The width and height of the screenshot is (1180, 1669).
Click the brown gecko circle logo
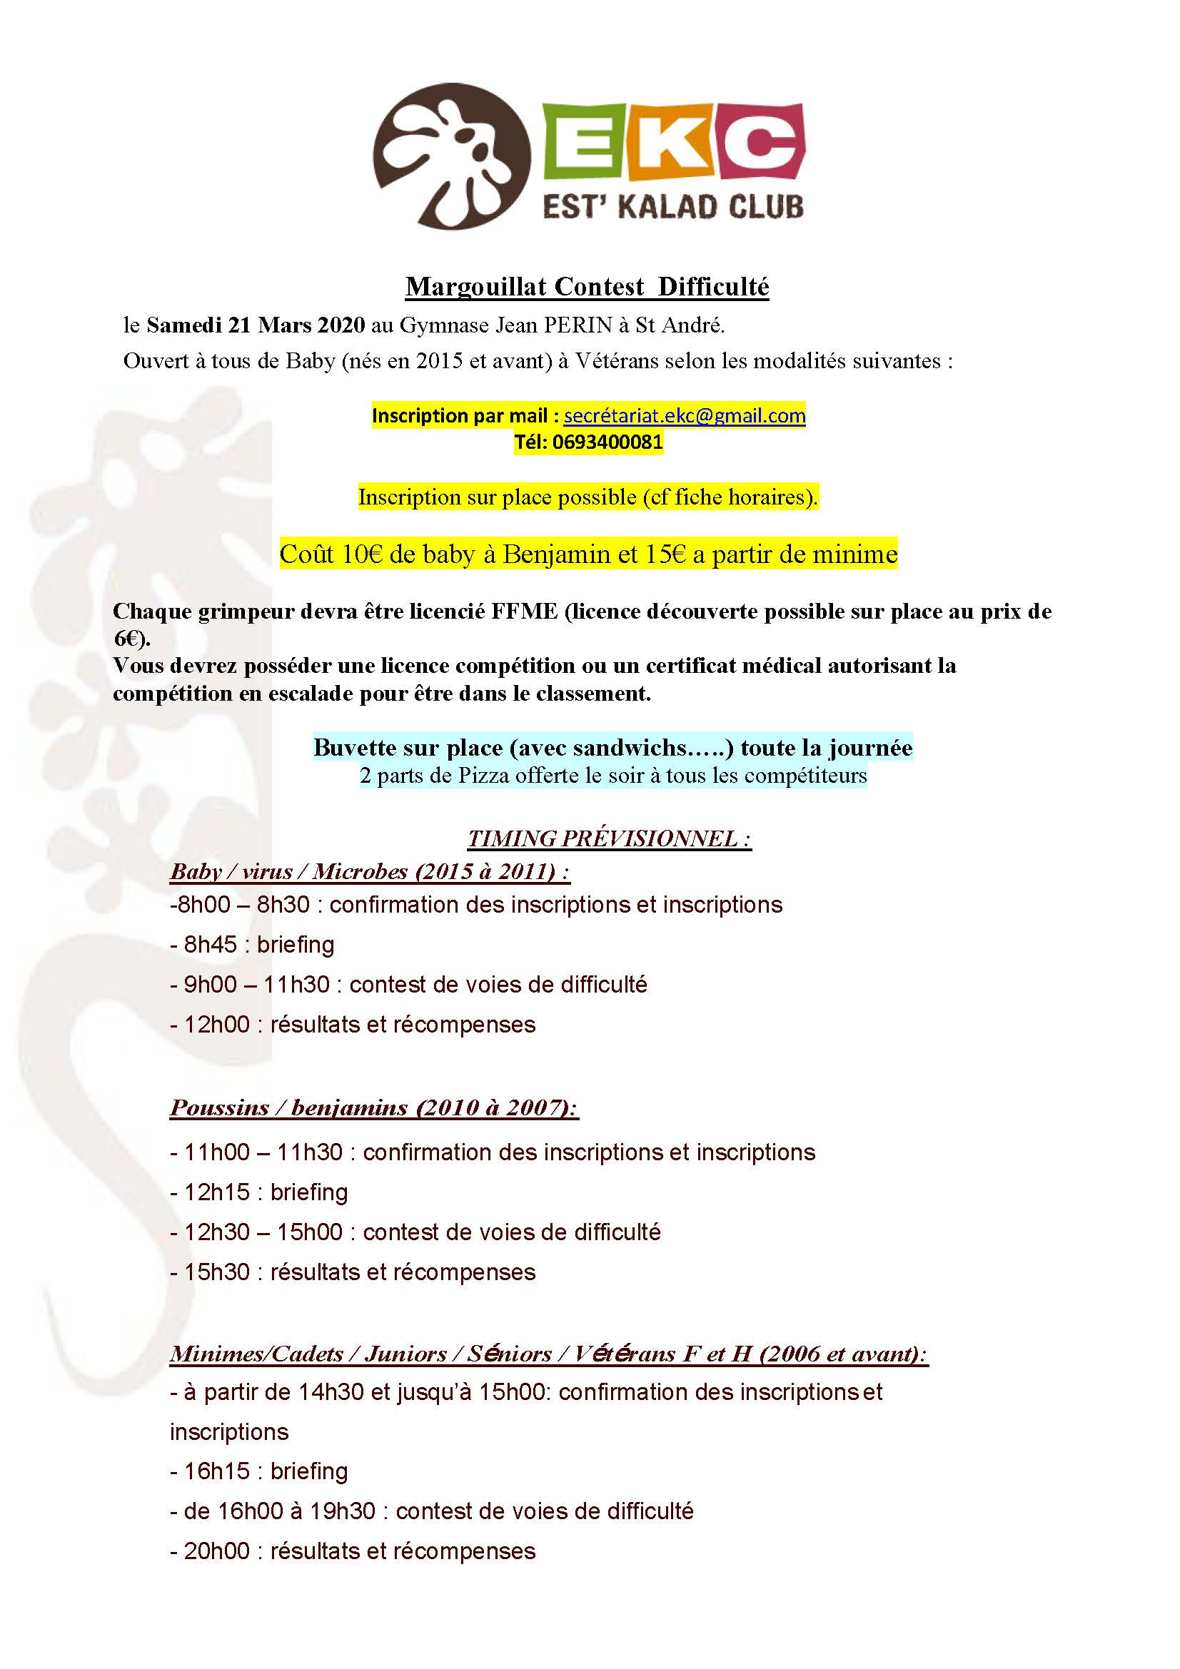coord(451,156)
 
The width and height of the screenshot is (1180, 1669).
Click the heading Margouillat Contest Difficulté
coord(587,286)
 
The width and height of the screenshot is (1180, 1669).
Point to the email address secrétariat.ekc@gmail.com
coord(684,416)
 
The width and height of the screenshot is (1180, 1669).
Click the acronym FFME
coord(524,612)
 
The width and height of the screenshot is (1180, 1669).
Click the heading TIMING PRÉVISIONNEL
coord(608,838)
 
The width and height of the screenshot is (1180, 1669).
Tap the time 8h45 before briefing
coord(210,944)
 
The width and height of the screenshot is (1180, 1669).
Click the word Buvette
coord(357,747)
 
